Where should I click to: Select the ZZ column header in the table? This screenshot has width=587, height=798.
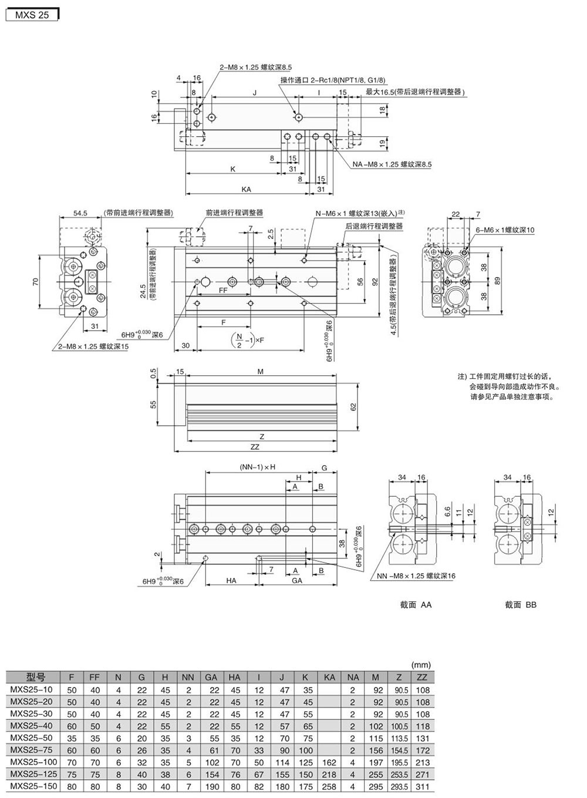[422, 677]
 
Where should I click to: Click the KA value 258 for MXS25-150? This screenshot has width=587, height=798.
[329, 786]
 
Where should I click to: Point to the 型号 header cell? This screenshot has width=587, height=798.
[35, 677]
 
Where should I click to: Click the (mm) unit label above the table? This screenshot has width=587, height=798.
[421, 665]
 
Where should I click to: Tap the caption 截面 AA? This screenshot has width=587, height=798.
[416, 604]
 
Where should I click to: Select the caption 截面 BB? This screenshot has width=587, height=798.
[521, 604]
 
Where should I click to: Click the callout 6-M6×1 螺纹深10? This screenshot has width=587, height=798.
[505, 230]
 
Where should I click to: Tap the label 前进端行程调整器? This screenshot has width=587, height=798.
[234, 213]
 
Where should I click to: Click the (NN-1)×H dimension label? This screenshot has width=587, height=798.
[257, 467]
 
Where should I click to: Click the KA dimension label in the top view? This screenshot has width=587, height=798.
[246, 190]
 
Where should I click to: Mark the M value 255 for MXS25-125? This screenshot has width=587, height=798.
[376, 774]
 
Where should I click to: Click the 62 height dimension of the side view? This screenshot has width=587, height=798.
[354, 406]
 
